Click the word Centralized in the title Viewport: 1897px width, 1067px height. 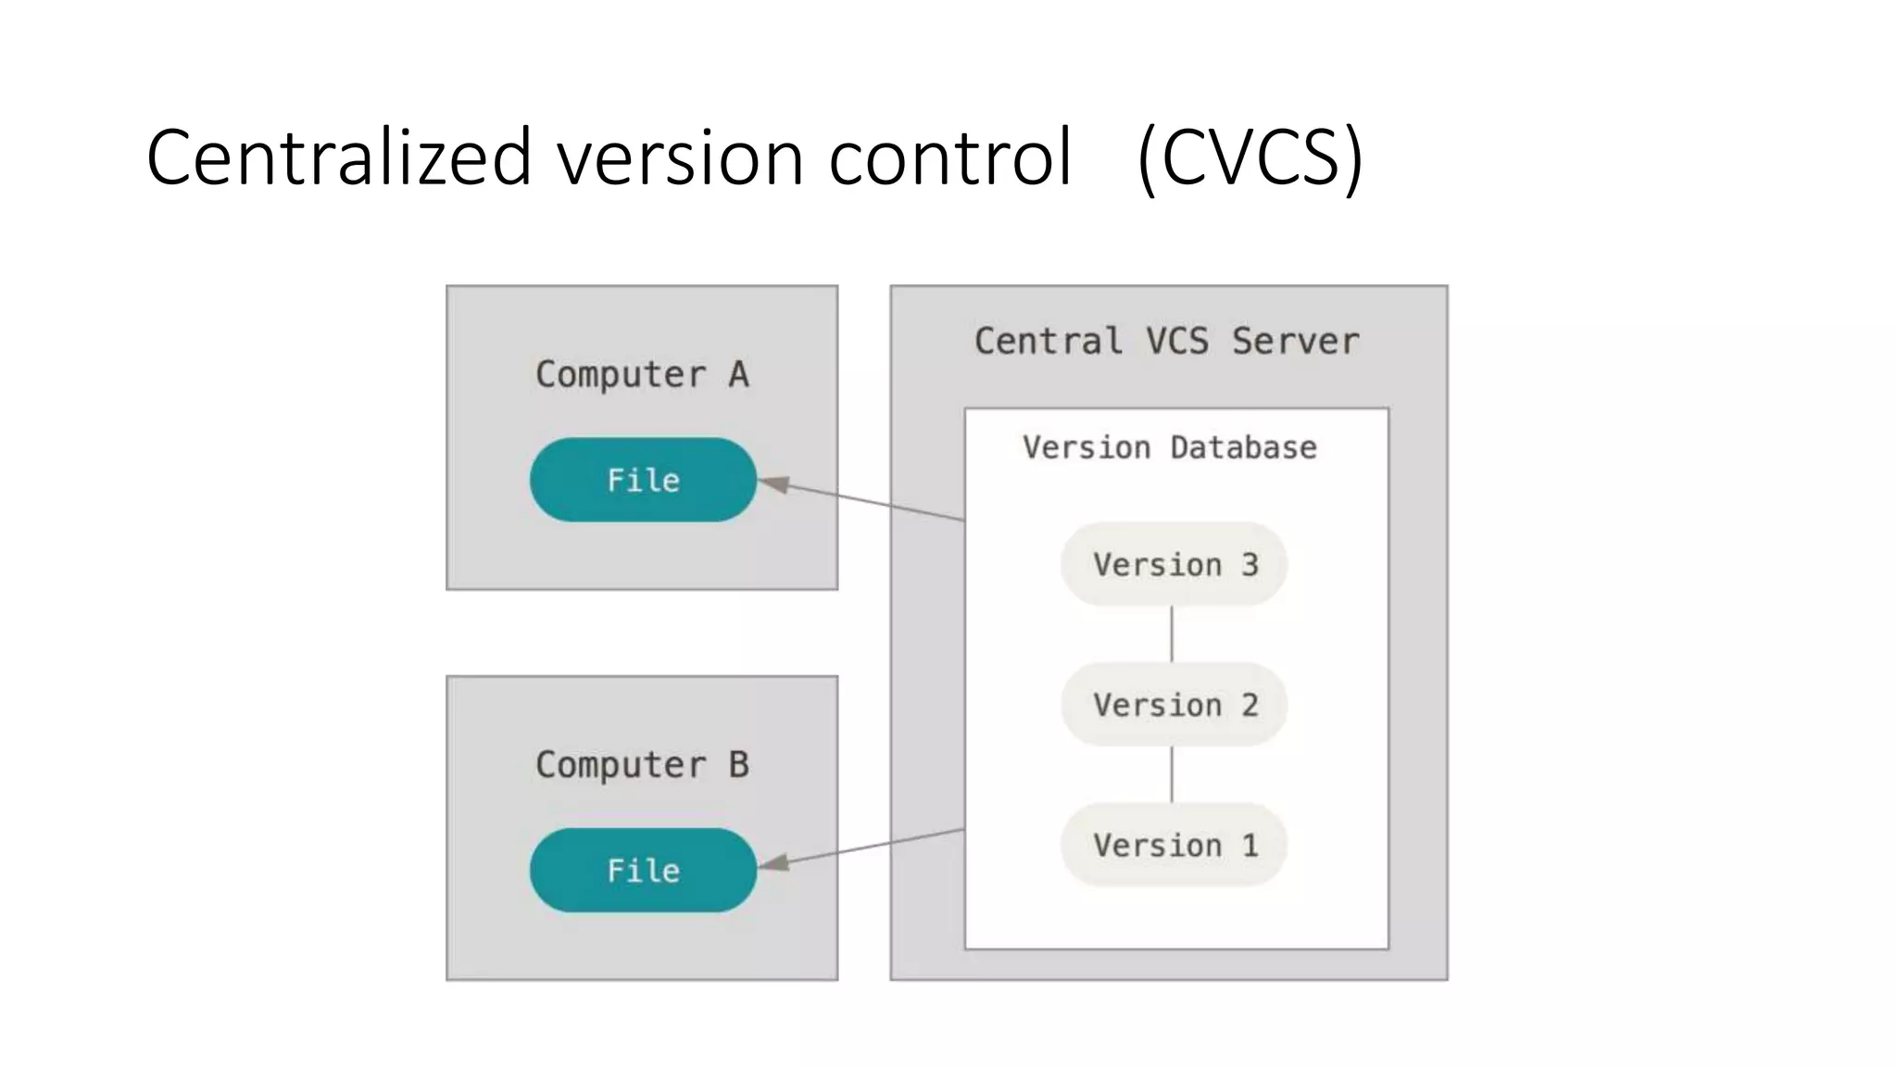338,157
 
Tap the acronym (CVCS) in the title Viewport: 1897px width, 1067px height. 1250,157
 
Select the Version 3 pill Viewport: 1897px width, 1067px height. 1174,564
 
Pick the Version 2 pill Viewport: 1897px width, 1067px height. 1174,705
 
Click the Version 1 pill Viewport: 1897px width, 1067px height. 1174,845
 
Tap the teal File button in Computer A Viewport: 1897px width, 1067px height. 643,480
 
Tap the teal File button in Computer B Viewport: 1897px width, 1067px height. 643,870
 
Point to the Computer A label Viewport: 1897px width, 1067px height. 642,374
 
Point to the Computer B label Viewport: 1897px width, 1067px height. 642,765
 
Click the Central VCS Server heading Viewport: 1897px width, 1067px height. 1167,341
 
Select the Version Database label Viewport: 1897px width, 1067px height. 1169,447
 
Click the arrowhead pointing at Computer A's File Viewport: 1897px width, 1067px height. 774,484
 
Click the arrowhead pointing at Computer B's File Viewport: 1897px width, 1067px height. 774,863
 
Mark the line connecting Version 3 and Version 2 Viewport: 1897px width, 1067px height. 1172,634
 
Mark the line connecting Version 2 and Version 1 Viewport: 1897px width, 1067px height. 1172,774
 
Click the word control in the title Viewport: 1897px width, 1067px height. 949,157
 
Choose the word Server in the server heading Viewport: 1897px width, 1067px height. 1295,341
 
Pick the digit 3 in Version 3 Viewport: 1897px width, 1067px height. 1250,564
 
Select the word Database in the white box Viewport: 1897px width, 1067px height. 1243,447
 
